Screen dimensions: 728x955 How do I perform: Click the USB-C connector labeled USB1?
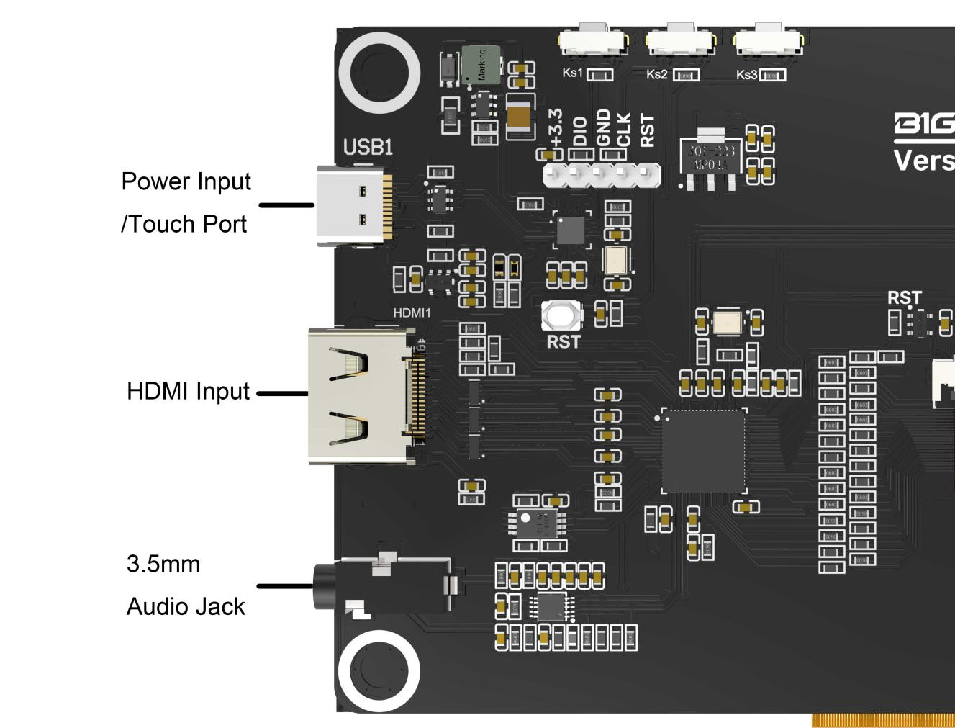(x=353, y=205)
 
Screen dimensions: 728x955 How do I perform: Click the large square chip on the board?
(x=703, y=451)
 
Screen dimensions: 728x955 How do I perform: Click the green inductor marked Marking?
(x=481, y=64)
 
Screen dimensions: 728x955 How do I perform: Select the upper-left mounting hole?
(x=379, y=73)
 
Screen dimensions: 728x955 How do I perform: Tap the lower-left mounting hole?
(x=379, y=670)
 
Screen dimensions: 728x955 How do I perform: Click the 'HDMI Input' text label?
(x=188, y=391)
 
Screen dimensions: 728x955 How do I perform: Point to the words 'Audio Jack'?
(x=186, y=606)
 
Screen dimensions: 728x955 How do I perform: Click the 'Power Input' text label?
(x=186, y=181)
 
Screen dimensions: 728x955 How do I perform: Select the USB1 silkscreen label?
(x=368, y=147)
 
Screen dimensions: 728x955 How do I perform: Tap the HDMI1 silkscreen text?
(x=412, y=313)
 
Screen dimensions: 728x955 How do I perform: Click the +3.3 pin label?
(x=555, y=128)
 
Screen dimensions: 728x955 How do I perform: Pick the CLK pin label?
(x=624, y=130)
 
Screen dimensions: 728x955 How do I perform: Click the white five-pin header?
(x=601, y=174)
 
